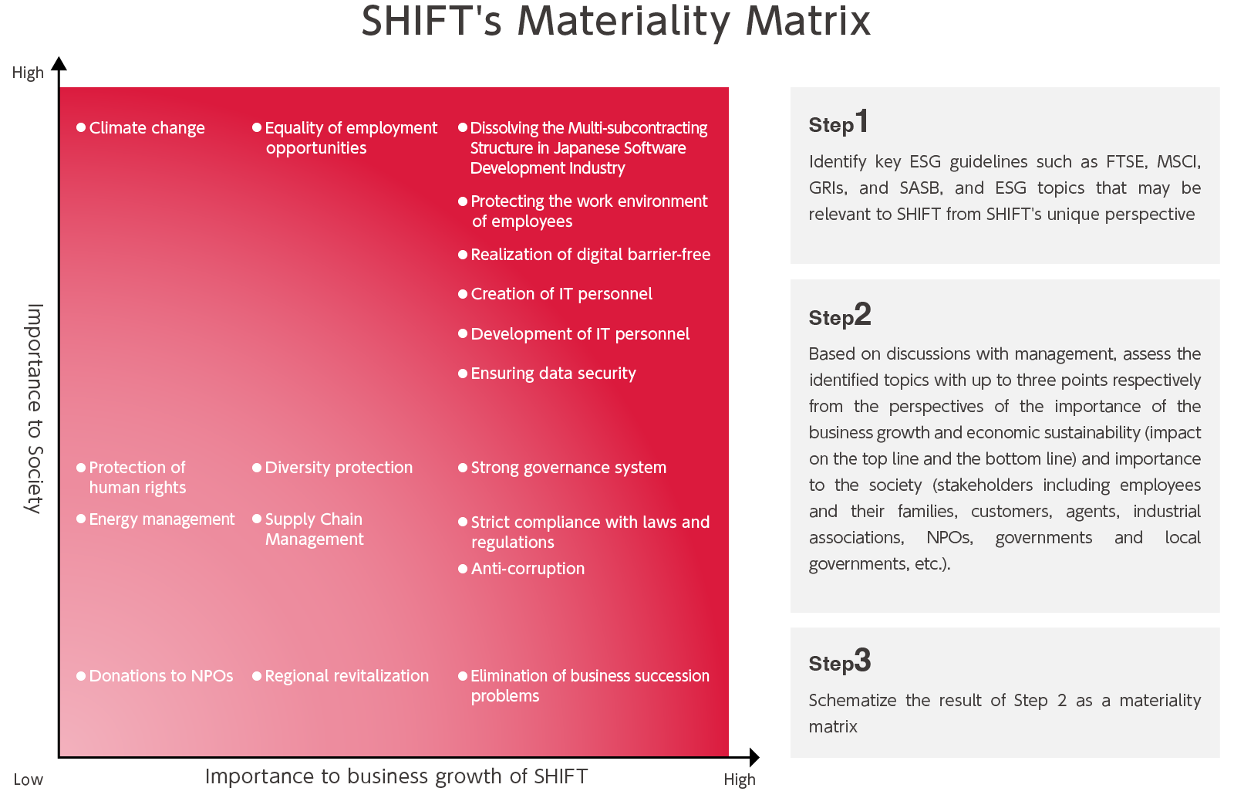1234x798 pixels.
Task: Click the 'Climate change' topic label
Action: (x=147, y=128)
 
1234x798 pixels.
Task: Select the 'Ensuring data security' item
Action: (x=553, y=374)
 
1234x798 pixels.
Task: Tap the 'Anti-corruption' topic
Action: (x=528, y=569)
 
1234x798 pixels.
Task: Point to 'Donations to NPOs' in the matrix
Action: (x=161, y=676)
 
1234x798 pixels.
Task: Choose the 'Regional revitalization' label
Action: (x=346, y=676)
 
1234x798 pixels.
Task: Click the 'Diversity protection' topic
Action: (x=339, y=468)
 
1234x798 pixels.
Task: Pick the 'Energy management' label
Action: (x=162, y=519)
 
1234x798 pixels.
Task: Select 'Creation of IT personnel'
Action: (x=561, y=294)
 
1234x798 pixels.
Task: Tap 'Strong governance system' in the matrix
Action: (x=568, y=468)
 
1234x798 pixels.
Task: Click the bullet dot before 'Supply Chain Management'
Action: (x=257, y=519)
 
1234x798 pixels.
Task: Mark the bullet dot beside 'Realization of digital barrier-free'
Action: (x=463, y=255)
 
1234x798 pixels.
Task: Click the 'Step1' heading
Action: (x=838, y=122)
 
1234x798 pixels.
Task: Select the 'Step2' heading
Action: (x=840, y=315)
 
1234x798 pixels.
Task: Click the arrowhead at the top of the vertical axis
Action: (x=59, y=63)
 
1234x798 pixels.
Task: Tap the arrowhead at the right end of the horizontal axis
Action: (x=754, y=757)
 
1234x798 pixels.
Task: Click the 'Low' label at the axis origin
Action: (x=28, y=779)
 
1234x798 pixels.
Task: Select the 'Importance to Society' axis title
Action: (x=35, y=408)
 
